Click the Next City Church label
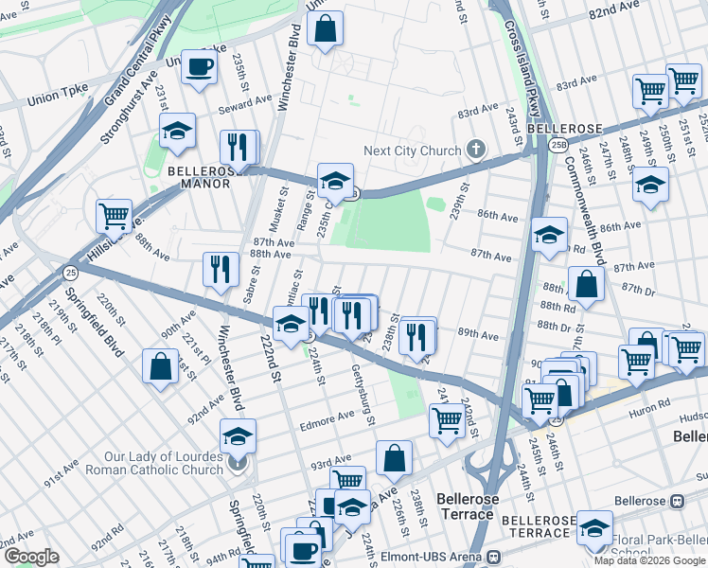pyautogui.click(x=413, y=151)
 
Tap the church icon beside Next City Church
pyautogui.click(x=475, y=150)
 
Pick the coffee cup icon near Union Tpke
pyautogui.click(x=199, y=68)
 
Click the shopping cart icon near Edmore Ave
pyautogui.click(x=447, y=417)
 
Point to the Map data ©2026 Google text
pyautogui.click(x=649, y=560)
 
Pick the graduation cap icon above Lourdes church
pyautogui.click(x=238, y=435)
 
